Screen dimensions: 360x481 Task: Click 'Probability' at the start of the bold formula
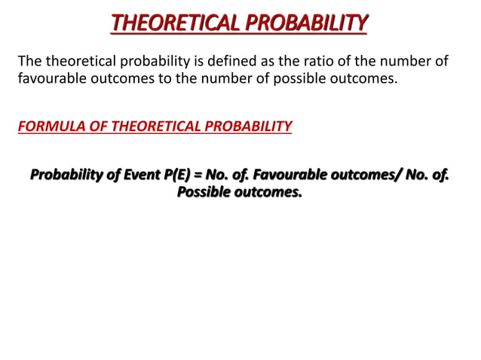pyautogui.click(x=65, y=176)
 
